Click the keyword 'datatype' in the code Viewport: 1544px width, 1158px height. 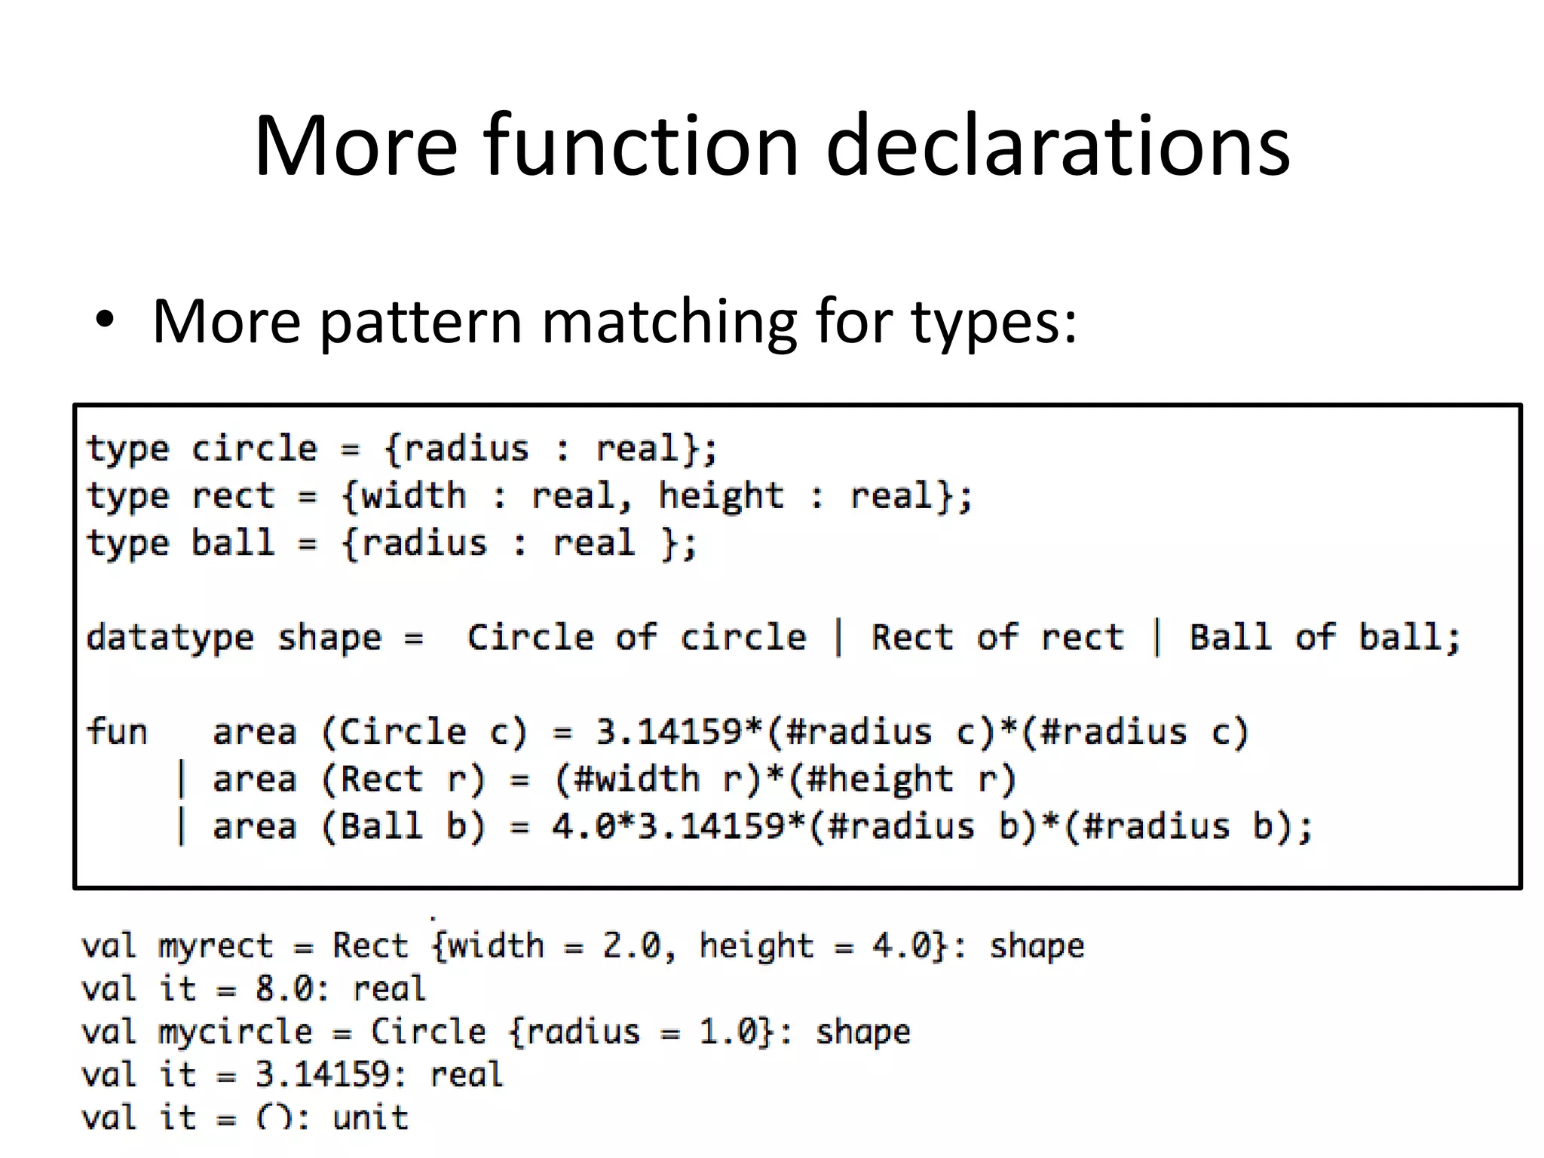pyautogui.click(x=170, y=638)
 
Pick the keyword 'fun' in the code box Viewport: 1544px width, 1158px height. pyautogui.click(x=117, y=731)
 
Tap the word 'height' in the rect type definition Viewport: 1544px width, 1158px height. pyautogui.click(x=721, y=497)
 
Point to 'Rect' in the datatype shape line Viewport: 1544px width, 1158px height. pyautogui.click(x=912, y=638)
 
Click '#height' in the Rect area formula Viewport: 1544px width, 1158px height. pyautogui.click(x=879, y=780)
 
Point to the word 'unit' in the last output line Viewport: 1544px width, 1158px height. pyautogui.click(x=369, y=1117)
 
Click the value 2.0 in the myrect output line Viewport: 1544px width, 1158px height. pyautogui.click(x=630, y=945)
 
